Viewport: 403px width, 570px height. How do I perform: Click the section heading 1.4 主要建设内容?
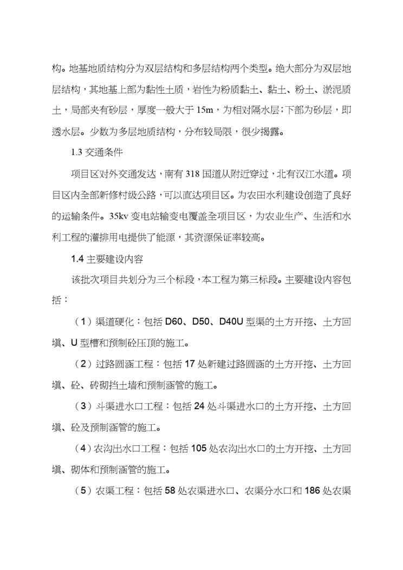pos(103,259)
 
